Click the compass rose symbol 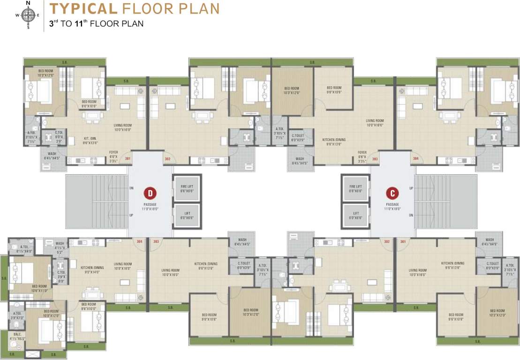click(x=28, y=15)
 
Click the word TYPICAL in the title click(x=83, y=8)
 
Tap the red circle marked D click(x=150, y=193)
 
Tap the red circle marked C click(x=392, y=193)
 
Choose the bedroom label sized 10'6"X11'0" click(x=39, y=288)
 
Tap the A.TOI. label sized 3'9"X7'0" click(x=17, y=315)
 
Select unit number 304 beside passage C click(x=415, y=159)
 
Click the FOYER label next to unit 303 click(x=362, y=155)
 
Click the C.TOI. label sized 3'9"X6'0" click(x=61, y=275)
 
